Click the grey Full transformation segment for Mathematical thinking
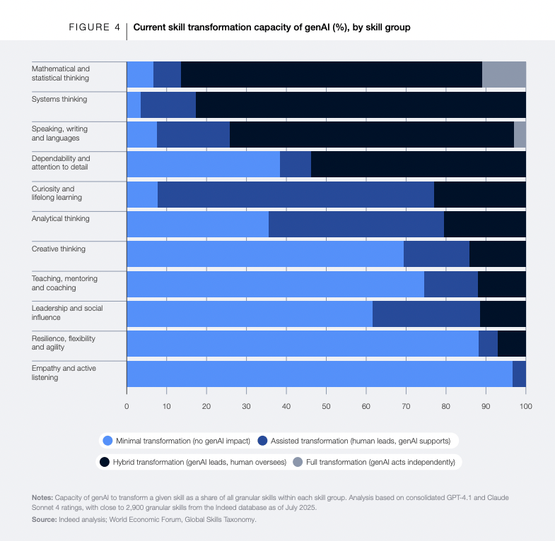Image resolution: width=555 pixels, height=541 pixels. click(504, 74)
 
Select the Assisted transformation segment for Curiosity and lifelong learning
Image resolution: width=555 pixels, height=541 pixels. click(296, 194)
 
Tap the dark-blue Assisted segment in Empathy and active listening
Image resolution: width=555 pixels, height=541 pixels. click(519, 373)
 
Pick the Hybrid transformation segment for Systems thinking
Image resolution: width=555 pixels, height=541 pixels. click(361, 105)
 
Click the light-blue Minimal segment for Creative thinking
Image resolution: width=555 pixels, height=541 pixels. click(264, 254)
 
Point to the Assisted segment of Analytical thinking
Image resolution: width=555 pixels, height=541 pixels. click(356, 224)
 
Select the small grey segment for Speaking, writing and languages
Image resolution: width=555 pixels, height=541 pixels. click(520, 134)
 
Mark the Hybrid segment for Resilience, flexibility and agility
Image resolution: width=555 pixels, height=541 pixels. click(512, 343)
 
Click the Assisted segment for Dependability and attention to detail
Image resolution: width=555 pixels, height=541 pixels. click(296, 164)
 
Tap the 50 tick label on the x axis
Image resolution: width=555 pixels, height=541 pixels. click(326, 406)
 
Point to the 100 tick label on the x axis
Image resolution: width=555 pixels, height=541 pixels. click(525, 406)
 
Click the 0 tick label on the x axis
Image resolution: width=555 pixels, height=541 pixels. click(127, 406)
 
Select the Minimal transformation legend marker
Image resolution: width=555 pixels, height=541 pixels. click(108, 441)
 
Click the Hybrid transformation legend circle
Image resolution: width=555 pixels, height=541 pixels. click(105, 462)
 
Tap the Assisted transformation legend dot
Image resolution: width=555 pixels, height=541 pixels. click(263, 441)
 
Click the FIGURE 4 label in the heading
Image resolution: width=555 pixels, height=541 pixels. click(94, 28)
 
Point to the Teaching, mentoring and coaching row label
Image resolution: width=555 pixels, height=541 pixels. click(64, 283)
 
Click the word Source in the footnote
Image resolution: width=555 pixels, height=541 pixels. click(46, 519)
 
